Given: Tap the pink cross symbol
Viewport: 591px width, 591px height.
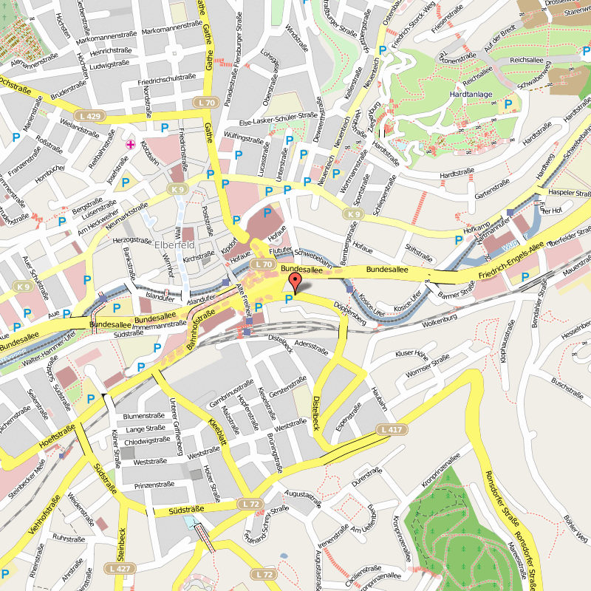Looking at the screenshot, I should tap(131, 145).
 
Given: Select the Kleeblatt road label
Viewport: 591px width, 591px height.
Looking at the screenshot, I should tap(217, 433).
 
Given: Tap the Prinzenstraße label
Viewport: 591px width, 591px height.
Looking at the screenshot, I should tap(154, 485).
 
